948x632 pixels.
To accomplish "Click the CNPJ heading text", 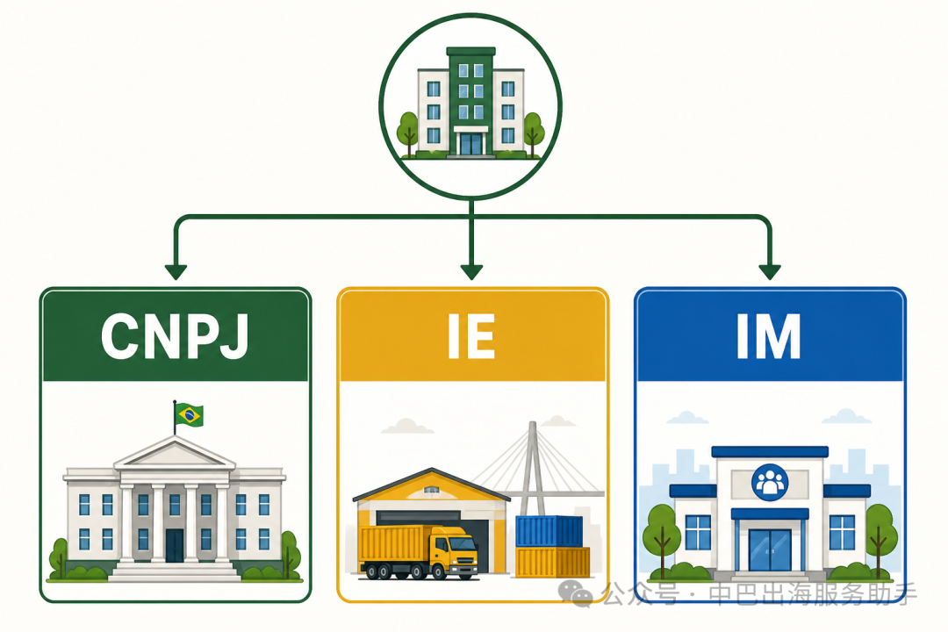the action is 175,336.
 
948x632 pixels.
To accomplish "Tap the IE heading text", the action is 471,336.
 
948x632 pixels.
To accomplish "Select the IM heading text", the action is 768,336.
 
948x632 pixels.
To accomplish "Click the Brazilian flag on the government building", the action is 189,415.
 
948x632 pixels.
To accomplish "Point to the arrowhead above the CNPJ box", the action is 176,272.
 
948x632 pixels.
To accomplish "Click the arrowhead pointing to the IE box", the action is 471,272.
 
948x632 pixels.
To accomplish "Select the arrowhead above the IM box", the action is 769,272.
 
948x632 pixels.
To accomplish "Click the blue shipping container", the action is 549,532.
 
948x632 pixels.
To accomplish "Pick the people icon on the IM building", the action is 769,482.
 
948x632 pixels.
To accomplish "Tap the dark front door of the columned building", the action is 174,545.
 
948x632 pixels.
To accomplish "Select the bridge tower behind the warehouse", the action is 530,469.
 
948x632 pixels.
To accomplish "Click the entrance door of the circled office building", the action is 471,144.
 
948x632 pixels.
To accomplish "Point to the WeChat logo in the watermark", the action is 575,593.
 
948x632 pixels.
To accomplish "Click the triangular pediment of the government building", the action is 175,453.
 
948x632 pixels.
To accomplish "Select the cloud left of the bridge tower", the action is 406,427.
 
